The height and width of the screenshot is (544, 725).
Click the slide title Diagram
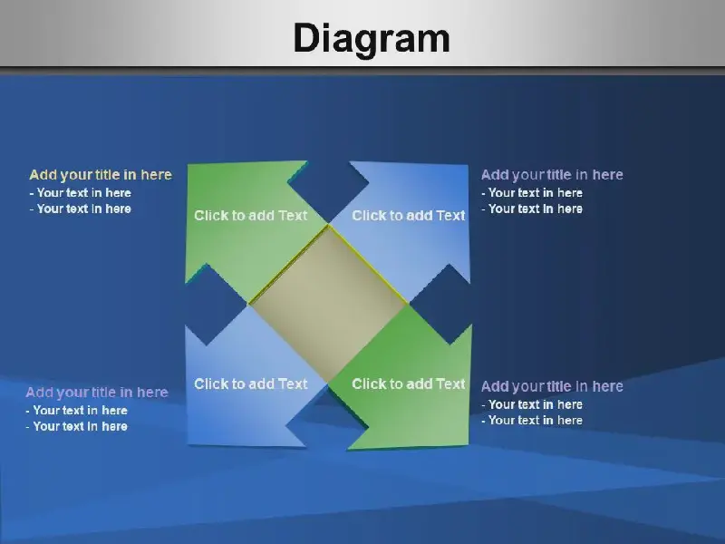[x=372, y=39]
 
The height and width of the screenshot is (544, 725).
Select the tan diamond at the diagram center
[x=328, y=304]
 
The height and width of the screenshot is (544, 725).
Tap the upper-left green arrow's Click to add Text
[x=251, y=216]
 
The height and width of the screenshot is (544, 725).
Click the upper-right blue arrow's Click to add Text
[x=409, y=216]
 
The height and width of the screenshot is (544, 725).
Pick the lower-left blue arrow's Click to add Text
[x=251, y=384]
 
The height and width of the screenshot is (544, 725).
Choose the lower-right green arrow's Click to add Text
[x=409, y=384]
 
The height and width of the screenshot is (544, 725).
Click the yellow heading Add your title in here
[x=101, y=175]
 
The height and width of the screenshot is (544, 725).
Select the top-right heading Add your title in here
[x=552, y=175]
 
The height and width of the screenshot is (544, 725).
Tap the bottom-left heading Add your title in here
[x=97, y=393]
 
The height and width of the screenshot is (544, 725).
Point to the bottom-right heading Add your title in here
[x=552, y=386]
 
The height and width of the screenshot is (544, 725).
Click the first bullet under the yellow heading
[x=80, y=193]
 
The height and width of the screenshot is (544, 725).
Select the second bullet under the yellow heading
[x=80, y=209]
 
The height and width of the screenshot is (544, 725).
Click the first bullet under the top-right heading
[x=532, y=193]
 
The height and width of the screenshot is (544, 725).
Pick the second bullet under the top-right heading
[x=532, y=209]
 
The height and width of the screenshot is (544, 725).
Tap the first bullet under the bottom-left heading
[x=76, y=411]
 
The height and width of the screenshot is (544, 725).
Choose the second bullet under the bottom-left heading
[x=76, y=426]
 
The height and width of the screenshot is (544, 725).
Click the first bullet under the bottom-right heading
[x=532, y=404]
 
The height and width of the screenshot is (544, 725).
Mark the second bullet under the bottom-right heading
[x=532, y=421]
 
